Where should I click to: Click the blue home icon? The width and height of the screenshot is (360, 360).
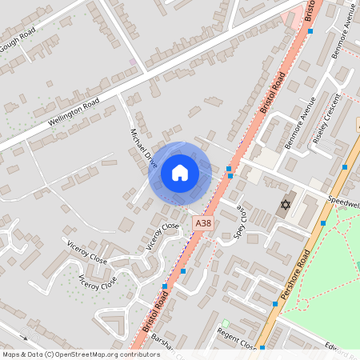tap(180, 172)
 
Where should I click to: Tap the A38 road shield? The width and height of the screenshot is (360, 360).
tap(204, 226)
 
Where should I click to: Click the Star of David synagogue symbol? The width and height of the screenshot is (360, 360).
tap(284, 206)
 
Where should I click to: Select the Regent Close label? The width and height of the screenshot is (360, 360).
tap(238, 340)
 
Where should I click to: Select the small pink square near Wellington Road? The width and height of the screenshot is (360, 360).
tap(133, 61)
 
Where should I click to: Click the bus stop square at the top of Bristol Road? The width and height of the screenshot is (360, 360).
tap(310, 30)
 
